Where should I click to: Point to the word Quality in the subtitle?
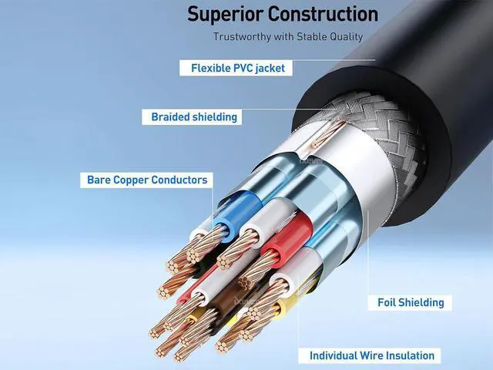[344, 37]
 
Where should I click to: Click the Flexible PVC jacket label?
[237, 68]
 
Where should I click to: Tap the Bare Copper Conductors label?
[146, 180]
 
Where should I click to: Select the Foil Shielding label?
[411, 302]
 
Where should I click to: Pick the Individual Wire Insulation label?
[372, 355]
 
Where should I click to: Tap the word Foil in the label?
[388, 302]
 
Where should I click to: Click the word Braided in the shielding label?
[169, 117]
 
